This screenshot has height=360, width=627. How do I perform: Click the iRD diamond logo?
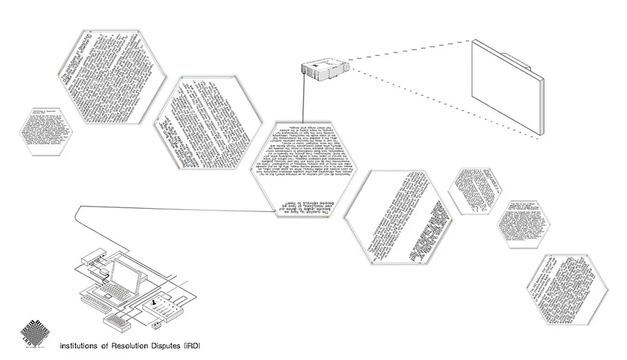36,331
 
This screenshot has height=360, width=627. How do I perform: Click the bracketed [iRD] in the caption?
192,346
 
